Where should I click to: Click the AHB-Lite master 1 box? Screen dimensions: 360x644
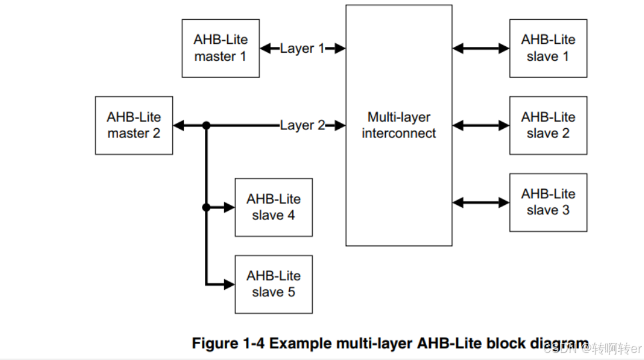point(220,48)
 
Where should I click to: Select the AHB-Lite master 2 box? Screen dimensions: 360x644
point(133,125)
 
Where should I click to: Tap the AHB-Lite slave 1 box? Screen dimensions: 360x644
point(548,48)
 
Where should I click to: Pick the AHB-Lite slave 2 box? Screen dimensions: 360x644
point(548,125)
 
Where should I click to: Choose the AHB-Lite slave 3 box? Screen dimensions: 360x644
point(548,202)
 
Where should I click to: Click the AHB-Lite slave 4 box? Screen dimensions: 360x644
point(273,207)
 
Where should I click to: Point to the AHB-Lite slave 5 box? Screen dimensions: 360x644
point(273,284)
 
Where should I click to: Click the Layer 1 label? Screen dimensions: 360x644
point(302,49)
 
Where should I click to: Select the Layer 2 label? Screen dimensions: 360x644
point(302,125)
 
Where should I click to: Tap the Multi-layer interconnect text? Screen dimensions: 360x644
point(399,125)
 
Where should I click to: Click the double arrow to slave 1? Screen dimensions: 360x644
point(481,49)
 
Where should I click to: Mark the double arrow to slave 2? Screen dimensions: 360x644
point(481,125)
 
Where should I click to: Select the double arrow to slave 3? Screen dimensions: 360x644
point(481,203)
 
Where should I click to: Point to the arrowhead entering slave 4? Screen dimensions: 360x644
point(229,207)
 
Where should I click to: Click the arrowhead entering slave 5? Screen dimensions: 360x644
point(229,284)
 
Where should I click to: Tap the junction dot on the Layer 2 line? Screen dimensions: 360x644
point(206,125)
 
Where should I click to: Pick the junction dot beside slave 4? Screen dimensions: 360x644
point(206,207)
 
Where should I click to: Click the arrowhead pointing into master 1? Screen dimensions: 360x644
point(265,49)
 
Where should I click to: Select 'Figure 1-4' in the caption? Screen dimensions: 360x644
point(222,343)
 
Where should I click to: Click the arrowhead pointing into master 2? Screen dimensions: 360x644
point(179,125)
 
